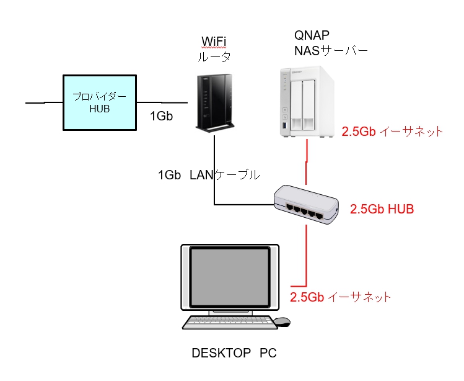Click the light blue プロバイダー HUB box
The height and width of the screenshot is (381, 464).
[99, 102]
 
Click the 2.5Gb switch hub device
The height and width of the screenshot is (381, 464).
[307, 204]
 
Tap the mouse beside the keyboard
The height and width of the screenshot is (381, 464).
[282, 321]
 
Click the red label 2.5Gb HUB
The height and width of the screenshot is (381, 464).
[382, 209]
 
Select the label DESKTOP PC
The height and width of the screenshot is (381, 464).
[234, 354]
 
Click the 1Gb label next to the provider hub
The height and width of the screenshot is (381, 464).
[161, 116]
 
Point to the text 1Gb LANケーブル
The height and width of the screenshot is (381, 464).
[209, 175]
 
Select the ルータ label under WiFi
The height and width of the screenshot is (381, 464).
[214, 56]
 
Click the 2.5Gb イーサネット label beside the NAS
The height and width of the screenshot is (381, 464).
[392, 132]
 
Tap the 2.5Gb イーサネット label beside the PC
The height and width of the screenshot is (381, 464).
[340, 297]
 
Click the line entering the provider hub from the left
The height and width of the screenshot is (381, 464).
[43, 101]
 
